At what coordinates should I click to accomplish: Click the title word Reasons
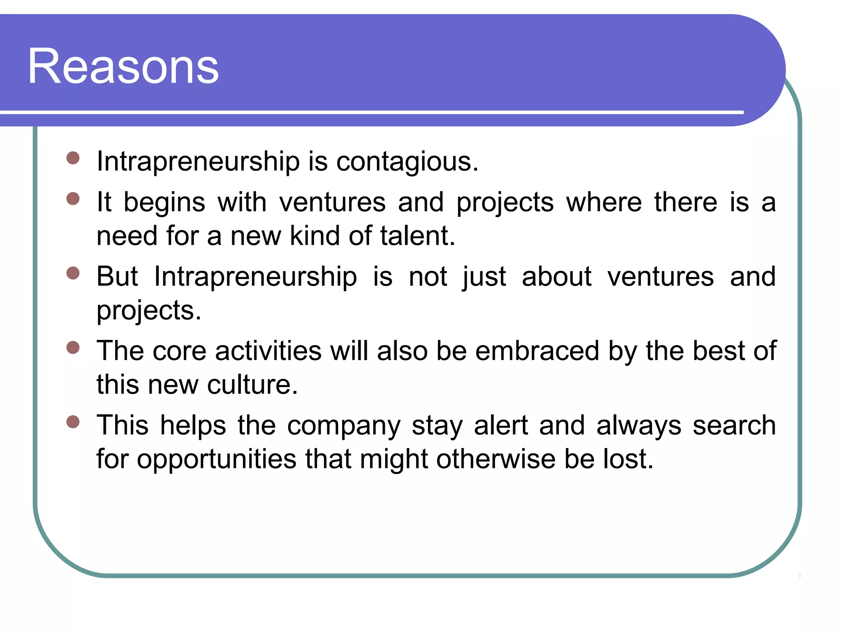click(123, 67)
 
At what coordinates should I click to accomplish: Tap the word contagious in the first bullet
click(407, 161)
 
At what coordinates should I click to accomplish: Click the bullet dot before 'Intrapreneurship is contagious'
click(73, 158)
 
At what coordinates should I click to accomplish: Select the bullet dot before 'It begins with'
click(73, 199)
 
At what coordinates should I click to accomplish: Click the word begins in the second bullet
click(164, 203)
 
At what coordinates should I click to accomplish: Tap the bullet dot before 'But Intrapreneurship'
click(73, 273)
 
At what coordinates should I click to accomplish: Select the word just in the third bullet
click(484, 277)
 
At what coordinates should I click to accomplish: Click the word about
click(556, 276)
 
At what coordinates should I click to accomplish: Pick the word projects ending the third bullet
click(148, 311)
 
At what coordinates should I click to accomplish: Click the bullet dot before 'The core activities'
click(73, 348)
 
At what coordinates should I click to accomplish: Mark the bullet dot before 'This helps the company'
click(73, 422)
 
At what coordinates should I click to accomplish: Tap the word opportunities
click(216, 460)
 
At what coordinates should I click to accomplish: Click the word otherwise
click(495, 459)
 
